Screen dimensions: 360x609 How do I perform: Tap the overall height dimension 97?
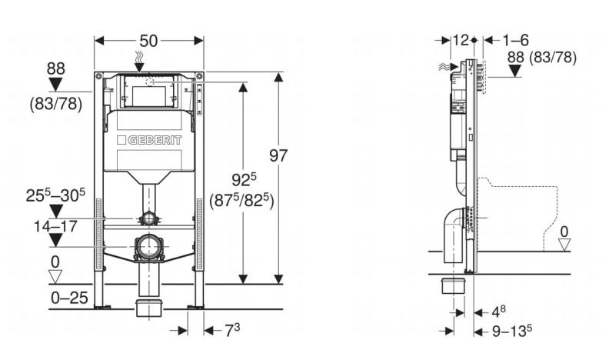[278, 155]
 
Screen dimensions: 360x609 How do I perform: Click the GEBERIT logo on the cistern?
[149, 142]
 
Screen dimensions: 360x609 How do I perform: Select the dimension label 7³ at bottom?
[232, 330]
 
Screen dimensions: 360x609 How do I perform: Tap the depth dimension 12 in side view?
[461, 39]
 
